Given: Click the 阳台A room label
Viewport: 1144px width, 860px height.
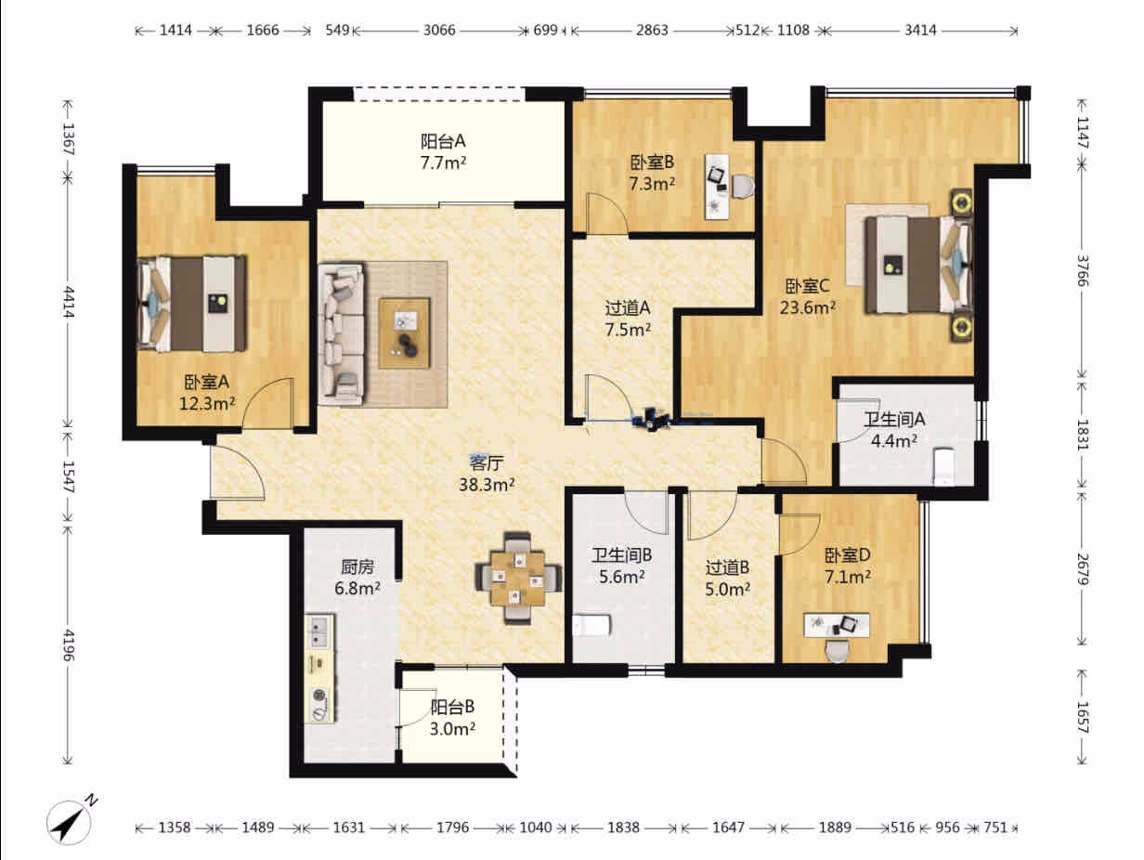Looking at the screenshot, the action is click(x=443, y=141).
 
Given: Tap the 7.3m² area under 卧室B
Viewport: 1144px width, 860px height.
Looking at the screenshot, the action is click(x=652, y=184).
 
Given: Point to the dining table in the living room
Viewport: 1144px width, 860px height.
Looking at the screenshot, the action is click(x=518, y=578).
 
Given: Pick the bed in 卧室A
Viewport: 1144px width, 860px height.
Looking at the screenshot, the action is click(x=191, y=304).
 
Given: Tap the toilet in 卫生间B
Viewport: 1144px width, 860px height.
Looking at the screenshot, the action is click(x=591, y=625).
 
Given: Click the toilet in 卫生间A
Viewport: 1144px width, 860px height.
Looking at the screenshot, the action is click(x=943, y=466).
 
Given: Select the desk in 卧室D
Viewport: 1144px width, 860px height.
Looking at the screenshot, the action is click(x=837, y=625).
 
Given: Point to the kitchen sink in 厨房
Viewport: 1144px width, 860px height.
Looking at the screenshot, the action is click(x=318, y=632).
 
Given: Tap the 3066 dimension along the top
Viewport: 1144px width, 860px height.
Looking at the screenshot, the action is click(x=439, y=31).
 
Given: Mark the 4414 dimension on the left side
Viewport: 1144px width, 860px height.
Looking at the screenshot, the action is click(x=69, y=302).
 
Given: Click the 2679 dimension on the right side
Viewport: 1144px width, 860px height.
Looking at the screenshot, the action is click(x=1083, y=569).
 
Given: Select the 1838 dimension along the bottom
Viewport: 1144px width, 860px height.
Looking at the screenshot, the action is click(x=624, y=827).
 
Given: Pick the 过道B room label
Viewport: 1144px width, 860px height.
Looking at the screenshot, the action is click(x=728, y=567).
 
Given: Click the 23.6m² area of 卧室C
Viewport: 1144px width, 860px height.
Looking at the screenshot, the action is click(x=807, y=307).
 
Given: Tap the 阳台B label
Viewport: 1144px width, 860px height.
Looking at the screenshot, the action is click(x=452, y=707).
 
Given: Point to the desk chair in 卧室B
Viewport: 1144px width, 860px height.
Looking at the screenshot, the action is click(x=742, y=186).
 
